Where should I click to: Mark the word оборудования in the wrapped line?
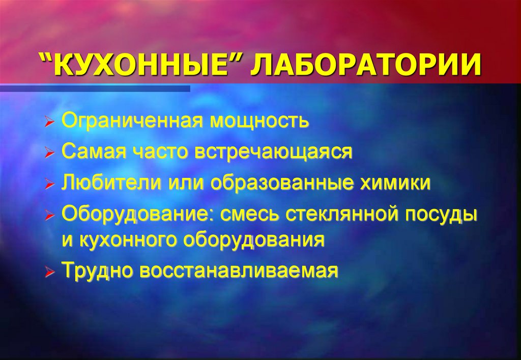(x=254, y=239)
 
